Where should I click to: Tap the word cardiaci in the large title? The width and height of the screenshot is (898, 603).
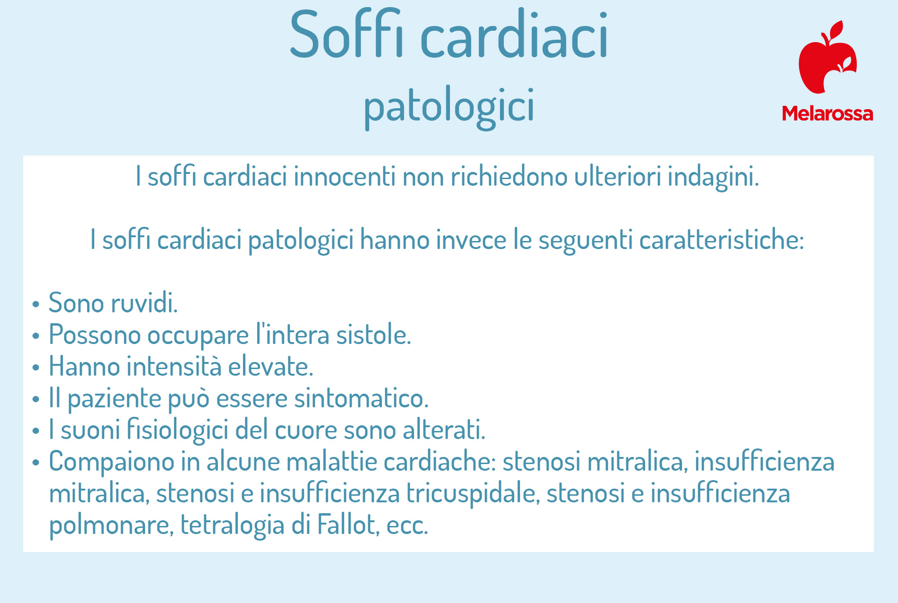point(514,34)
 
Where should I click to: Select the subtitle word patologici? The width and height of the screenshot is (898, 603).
point(449,106)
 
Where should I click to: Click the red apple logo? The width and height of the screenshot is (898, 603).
point(828,57)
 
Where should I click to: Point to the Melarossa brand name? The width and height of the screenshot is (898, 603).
point(828,113)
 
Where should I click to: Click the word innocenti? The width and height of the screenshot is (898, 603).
point(345,177)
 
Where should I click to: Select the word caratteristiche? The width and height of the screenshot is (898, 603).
point(721,240)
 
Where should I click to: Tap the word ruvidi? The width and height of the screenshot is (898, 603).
point(144,303)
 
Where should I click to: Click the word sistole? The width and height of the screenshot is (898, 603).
point(373,335)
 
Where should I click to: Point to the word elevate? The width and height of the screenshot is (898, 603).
point(270,367)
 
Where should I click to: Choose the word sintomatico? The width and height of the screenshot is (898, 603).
point(361,398)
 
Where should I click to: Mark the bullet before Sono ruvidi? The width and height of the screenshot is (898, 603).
point(35,304)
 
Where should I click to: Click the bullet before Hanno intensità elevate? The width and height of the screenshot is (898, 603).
point(35,367)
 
